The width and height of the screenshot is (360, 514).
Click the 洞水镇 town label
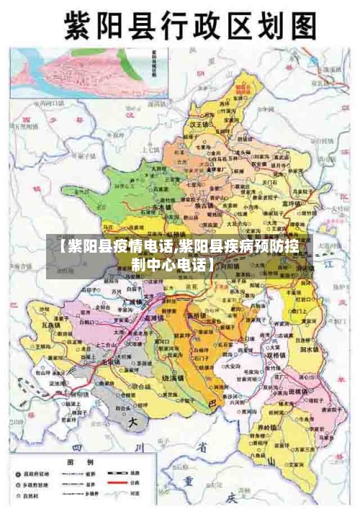coord(309,349)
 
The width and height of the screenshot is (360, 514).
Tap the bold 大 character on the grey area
coord(132,423)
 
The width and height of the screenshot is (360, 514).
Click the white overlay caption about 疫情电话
coord(181,256)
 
